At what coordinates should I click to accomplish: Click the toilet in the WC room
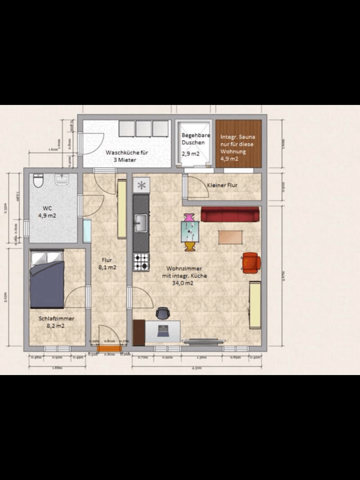tap(38, 180)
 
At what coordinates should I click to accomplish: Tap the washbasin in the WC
tap(62, 179)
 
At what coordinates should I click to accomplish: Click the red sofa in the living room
tap(230, 214)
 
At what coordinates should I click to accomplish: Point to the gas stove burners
tap(141, 262)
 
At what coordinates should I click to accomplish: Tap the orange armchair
tap(251, 262)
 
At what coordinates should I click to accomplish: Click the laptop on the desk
tap(163, 330)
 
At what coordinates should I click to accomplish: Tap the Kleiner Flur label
tap(222, 185)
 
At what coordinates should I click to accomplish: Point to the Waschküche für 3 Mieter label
tap(127, 156)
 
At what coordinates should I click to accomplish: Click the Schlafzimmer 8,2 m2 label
tap(56, 322)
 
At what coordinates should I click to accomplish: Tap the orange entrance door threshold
tap(109, 348)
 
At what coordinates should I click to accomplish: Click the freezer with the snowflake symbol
tap(141, 185)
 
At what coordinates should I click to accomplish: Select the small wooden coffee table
tap(230, 237)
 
